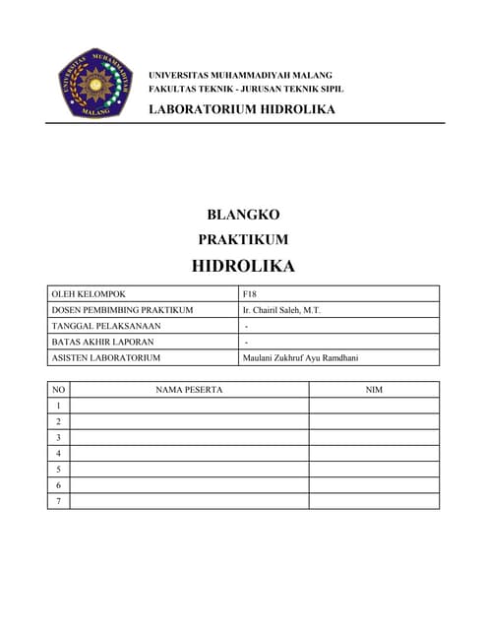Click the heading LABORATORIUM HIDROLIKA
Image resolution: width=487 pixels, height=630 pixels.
click(241, 108)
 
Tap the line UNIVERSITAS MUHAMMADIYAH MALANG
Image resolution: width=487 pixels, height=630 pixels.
click(240, 75)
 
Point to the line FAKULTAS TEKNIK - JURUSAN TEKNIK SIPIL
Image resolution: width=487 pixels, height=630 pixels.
click(246, 89)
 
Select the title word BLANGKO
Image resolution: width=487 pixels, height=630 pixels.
click(243, 215)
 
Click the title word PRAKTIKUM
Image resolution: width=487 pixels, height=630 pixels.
click(243, 239)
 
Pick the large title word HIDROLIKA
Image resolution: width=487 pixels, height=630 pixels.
click(243, 266)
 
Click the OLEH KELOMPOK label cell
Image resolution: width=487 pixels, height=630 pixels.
click(89, 294)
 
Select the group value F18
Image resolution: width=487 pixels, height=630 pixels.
click(249, 294)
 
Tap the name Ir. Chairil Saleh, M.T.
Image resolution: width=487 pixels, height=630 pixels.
click(281, 310)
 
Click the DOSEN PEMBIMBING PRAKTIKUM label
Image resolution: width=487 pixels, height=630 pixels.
click(122, 310)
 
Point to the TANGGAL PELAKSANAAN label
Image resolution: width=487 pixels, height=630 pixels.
click(105, 326)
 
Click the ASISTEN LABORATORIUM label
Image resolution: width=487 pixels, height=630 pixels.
click(105, 357)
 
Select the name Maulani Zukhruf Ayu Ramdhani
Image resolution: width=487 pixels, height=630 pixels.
click(300, 357)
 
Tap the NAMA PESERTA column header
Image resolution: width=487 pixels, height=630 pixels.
click(189, 390)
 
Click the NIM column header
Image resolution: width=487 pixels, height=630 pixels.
click(374, 390)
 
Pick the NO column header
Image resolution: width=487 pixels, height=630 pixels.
click(59, 390)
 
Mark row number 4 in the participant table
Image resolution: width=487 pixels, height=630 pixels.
click(59, 454)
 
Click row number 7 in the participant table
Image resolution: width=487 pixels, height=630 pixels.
click(59, 501)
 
